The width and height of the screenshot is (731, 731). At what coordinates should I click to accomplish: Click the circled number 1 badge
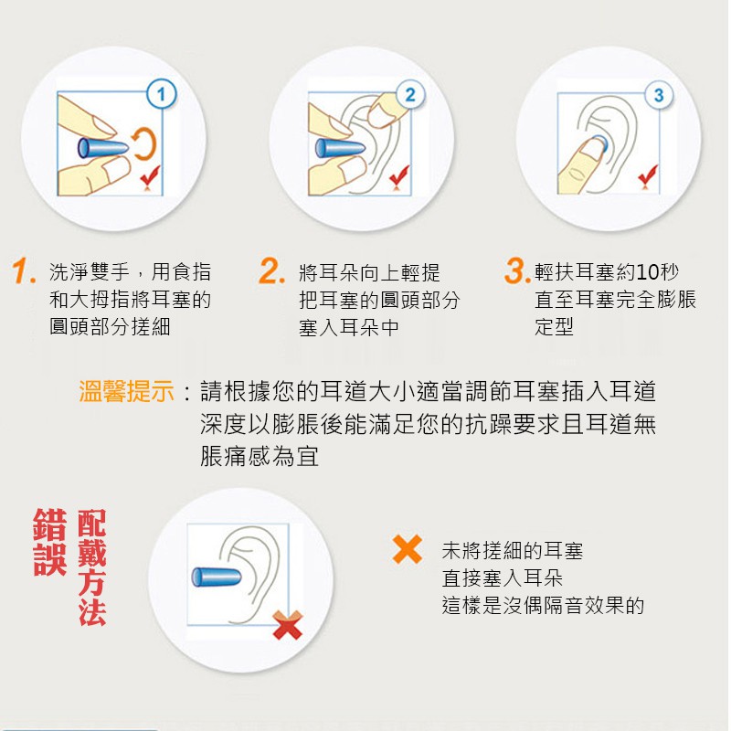click(x=162, y=94)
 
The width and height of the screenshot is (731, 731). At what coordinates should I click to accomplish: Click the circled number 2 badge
click(x=410, y=95)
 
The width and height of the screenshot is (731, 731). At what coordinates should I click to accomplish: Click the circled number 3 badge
click(x=659, y=95)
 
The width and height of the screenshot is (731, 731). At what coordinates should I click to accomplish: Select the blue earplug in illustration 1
click(x=102, y=148)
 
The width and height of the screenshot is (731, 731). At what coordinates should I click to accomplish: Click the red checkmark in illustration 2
click(x=399, y=176)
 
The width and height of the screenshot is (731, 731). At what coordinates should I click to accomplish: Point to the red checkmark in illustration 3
click(x=648, y=176)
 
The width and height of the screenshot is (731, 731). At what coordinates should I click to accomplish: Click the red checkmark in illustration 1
click(x=150, y=176)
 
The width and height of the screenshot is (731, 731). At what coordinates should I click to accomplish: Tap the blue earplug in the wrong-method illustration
click(x=217, y=577)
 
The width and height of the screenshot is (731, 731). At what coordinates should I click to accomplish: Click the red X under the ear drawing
click(x=288, y=625)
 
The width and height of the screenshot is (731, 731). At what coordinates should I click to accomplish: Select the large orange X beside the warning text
click(x=407, y=549)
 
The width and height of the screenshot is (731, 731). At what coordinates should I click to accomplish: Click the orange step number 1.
click(x=24, y=271)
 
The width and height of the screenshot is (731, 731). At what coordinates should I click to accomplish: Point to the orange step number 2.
click(x=271, y=270)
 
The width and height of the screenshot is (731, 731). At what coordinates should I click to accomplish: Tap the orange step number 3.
click(x=517, y=270)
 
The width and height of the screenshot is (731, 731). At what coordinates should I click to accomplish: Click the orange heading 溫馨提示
click(x=126, y=391)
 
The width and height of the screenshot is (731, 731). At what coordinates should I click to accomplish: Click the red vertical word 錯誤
click(x=50, y=542)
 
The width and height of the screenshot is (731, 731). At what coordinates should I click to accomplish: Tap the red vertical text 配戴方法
click(x=92, y=567)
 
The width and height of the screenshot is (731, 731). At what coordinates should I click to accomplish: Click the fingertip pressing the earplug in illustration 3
click(x=592, y=150)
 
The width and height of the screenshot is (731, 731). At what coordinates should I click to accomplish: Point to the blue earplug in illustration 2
click(x=340, y=149)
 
